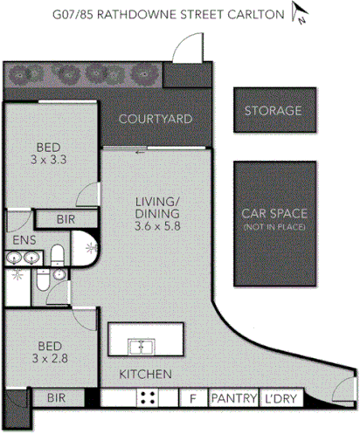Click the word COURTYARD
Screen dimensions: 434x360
(x=155, y=119)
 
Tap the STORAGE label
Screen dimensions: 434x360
(x=273, y=111)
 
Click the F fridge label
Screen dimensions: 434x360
(x=191, y=398)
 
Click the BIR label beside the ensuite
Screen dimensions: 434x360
(x=64, y=220)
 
